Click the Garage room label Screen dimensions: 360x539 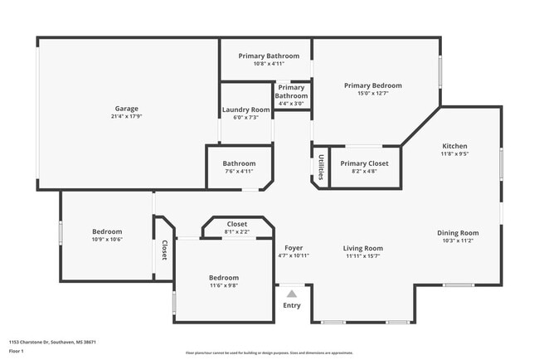pyautogui.click(x=126, y=109)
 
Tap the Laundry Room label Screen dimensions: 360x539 pyautogui.click(x=245, y=109)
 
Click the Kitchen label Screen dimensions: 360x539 pyautogui.click(x=454, y=145)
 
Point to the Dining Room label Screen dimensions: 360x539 pyautogui.click(x=458, y=233)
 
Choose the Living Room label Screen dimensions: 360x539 pyautogui.click(x=362, y=248)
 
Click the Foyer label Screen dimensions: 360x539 pyautogui.click(x=294, y=248)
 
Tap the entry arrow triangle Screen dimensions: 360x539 pyautogui.click(x=292, y=293)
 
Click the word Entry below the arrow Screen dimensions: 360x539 pyautogui.click(x=292, y=306)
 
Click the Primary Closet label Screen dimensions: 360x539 pyautogui.click(x=364, y=163)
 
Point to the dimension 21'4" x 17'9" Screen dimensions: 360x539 pyautogui.click(x=126, y=117)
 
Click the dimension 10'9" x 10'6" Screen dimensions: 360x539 pyautogui.click(x=107, y=240)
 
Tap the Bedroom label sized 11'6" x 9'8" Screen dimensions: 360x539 pyautogui.click(x=224, y=277)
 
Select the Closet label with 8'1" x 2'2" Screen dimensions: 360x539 pyautogui.click(x=236, y=224)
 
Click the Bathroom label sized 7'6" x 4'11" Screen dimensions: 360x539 pyautogui.click(x=239, y=163)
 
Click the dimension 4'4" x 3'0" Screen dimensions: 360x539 pyautogui.click(x=291, y=105)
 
